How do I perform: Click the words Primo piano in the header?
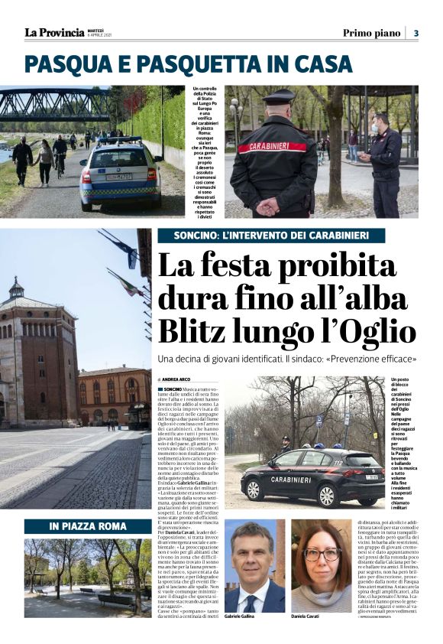(x=371, y=32)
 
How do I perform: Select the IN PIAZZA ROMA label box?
(x=88, y=526)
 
